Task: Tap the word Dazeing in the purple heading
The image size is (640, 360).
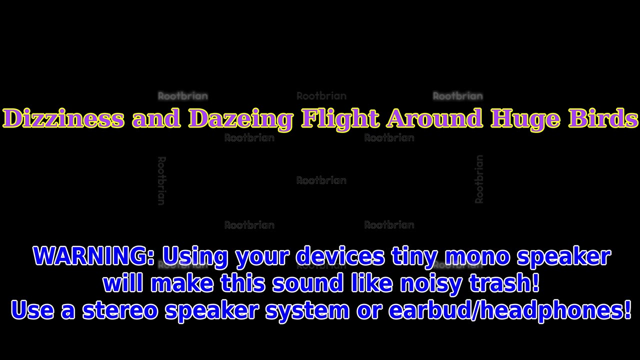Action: [240, 119]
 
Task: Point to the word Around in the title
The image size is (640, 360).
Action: [434, 119]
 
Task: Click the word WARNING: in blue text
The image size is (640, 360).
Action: [94, 256]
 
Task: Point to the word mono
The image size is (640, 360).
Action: [477, 256]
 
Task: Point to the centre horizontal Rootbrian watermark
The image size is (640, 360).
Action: [321, 180]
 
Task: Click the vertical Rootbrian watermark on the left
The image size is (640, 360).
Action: [161, 180]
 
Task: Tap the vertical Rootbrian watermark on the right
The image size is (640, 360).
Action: [479, 179]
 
